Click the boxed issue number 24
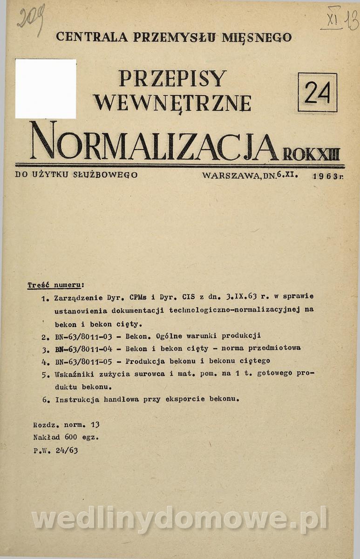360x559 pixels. (x=317, y=92)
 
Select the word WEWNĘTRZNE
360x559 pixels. (x=172, y=102)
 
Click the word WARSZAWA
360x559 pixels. (x=231, y=176)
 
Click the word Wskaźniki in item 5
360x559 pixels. (x=74, y=374)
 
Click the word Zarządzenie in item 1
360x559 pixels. (x=77, y=297)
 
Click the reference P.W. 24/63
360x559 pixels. (x=55, y=450)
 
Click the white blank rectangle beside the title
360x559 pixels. (x=46, y=89)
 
